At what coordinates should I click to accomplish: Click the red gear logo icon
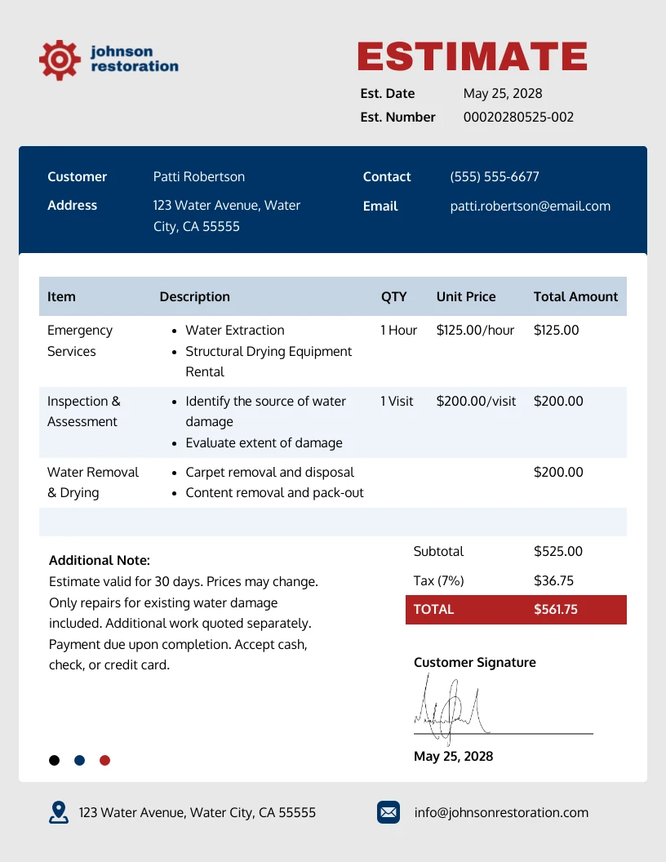click(60, 59)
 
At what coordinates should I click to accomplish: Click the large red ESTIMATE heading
click(472, 56)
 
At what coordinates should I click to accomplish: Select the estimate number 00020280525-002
click(518, 117)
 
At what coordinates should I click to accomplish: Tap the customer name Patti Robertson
click(198, 176)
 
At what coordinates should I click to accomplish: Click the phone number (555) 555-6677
click(495, 176)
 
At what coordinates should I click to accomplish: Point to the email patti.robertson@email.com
click(530, 206)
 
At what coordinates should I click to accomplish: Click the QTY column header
click(393, 296)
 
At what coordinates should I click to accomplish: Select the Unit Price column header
click(466, 296)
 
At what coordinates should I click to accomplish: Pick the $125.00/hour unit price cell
click(475, 330)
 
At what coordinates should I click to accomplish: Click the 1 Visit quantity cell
click(397, 401)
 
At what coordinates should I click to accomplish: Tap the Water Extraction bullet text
click(235, 330)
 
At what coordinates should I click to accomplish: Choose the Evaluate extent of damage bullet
click(264, 442)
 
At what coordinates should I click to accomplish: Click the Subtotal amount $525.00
click(558, 551)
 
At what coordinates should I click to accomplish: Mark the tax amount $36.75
click(553, 580)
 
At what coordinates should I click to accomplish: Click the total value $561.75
click(555, 609)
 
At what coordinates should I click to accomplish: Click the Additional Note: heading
click(100, 560)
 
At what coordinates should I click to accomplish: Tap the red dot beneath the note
click(104, 760)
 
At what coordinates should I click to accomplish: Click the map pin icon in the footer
click(59, 812)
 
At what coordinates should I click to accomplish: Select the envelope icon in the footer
click(388, 812)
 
